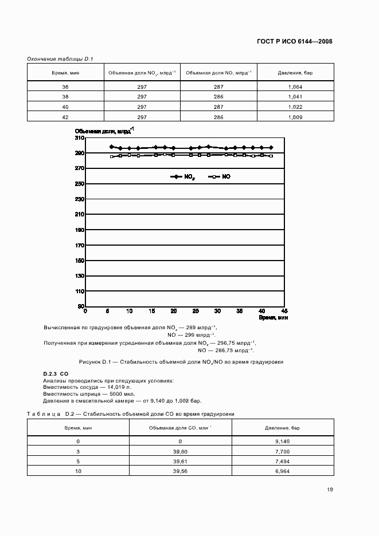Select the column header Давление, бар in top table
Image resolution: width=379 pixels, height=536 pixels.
click(295, 73)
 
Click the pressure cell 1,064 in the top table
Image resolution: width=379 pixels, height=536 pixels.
click(295, 87)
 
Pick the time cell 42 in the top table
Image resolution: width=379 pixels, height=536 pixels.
click(65, 117)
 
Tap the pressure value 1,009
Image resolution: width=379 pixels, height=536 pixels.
click(295, 117)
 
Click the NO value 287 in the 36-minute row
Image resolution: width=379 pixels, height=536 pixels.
click(218, 87)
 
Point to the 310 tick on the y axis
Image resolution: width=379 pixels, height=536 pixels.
click(80, 138)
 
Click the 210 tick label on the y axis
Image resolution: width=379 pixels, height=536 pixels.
click(80, 214)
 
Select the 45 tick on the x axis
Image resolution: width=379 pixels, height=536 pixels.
click(283, 311)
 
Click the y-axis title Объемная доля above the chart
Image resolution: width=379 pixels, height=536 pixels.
click(104, 131)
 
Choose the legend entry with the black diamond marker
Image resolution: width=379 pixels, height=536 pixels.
click(182, 178)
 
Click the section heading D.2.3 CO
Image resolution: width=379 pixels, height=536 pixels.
click(56, 374)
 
